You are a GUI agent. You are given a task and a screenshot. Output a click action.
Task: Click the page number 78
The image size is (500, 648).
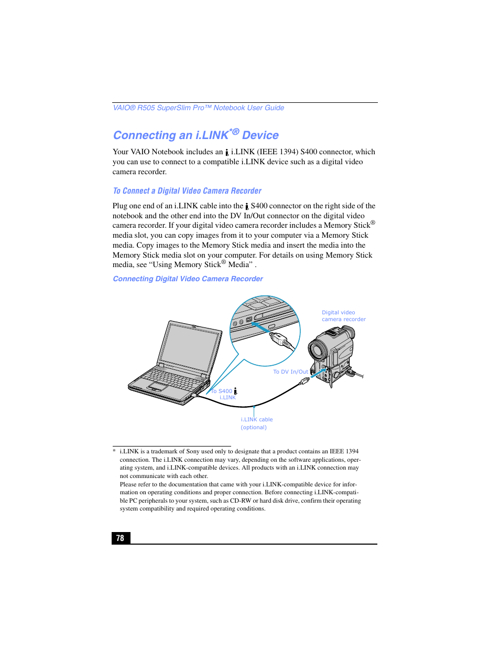pyautogui.click(x=121, y=538)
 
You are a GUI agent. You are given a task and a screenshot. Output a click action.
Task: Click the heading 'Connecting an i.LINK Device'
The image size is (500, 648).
pyautogui.click(x=195, y=135)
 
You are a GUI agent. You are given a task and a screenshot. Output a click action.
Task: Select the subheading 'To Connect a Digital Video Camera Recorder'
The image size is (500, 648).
pyautogui.click(x=187, y=191)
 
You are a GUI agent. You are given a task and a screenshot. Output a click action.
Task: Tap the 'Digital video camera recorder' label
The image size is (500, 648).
pyautogui.click(x=343, y=316)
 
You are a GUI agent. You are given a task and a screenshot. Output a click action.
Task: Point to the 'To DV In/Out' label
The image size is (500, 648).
pyautogui.click(x=290, y=371)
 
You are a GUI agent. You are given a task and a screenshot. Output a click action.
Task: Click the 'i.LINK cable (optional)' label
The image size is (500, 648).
pyautogui.click(x=256, y=423)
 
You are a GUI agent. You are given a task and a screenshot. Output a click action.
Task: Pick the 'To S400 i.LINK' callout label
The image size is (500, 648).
pyautogui.click(x=224, y=394)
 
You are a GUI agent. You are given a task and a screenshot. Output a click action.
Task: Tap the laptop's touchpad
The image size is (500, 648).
pyautogui.click(x=158, y=386)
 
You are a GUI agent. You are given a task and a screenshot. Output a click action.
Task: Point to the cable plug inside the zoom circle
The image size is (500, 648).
pyautogui.click(x=280, y=339)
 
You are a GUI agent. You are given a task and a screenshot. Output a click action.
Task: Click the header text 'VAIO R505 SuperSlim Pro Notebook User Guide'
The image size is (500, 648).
pyautogui.click(x=199, y=108)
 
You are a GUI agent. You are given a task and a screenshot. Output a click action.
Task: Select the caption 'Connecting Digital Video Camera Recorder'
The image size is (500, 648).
pyautogui.click(x=188, y=279)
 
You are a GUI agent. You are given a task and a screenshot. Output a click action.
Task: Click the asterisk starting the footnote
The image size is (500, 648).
pyautogui.click(x=114, y=452)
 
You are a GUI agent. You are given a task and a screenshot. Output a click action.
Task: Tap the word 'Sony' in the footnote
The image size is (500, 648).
pyautogui.click(x=193, y=451)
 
